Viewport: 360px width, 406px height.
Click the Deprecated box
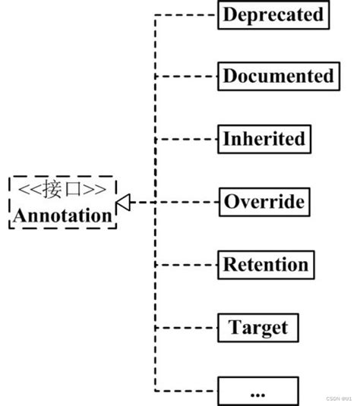pos(273,14)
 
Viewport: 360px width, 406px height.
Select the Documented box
pos(278,77)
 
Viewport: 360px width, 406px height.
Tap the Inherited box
pos(264,139)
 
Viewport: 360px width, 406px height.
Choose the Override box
pos(264,202)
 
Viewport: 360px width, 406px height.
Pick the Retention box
pos(266,264)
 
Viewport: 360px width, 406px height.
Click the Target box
pos(258,327)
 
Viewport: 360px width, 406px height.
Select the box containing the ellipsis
pos(258,390)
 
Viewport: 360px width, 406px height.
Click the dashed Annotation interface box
pos(62,203)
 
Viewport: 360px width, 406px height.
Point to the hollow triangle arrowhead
pos(122,203)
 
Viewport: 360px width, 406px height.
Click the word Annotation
pos(62,216)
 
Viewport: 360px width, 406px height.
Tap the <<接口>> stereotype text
pos(62,190)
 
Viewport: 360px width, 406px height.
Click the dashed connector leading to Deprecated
pos(186,14)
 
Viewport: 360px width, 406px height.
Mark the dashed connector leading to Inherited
pos(186,140)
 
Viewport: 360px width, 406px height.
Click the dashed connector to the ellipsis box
pos(186,390)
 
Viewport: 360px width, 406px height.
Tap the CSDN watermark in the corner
pos(339,398)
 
